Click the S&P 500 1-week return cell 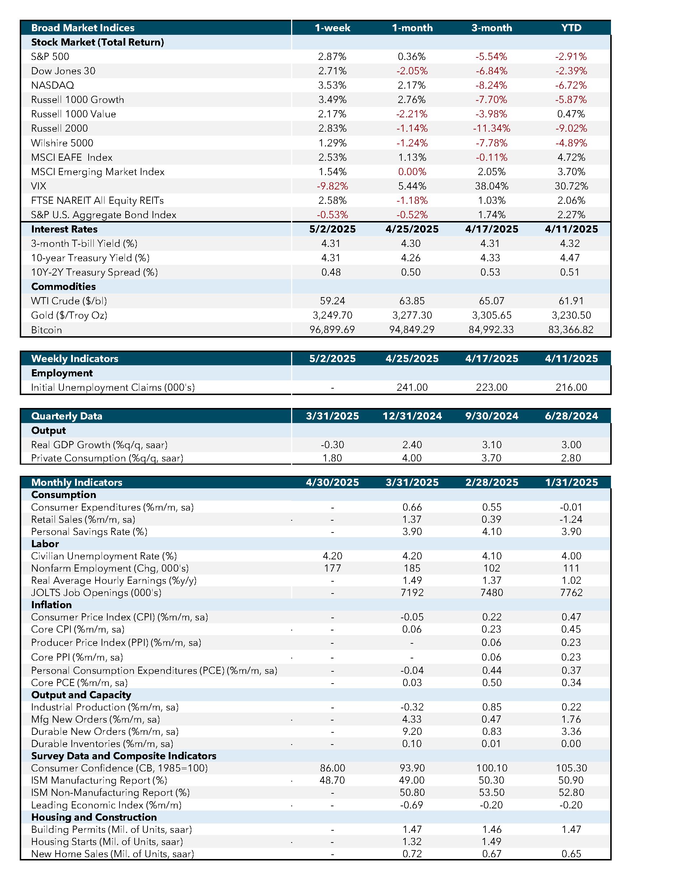point(332,56)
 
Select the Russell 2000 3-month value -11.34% point(491,128)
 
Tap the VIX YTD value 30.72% point(571,186)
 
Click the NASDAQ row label point(52,85)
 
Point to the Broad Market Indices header point(83,28)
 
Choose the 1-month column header point(412,28)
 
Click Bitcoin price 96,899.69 point(332,330)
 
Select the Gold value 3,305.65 point(491,315)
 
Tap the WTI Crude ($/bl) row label point(69,301)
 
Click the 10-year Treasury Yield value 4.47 point(571,258)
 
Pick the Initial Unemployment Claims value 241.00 point(412,388)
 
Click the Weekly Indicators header point(75,358)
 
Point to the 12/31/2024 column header point(412,416)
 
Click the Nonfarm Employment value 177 point(332,568)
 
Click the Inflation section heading point(52,605)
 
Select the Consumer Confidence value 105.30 point(571,768)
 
